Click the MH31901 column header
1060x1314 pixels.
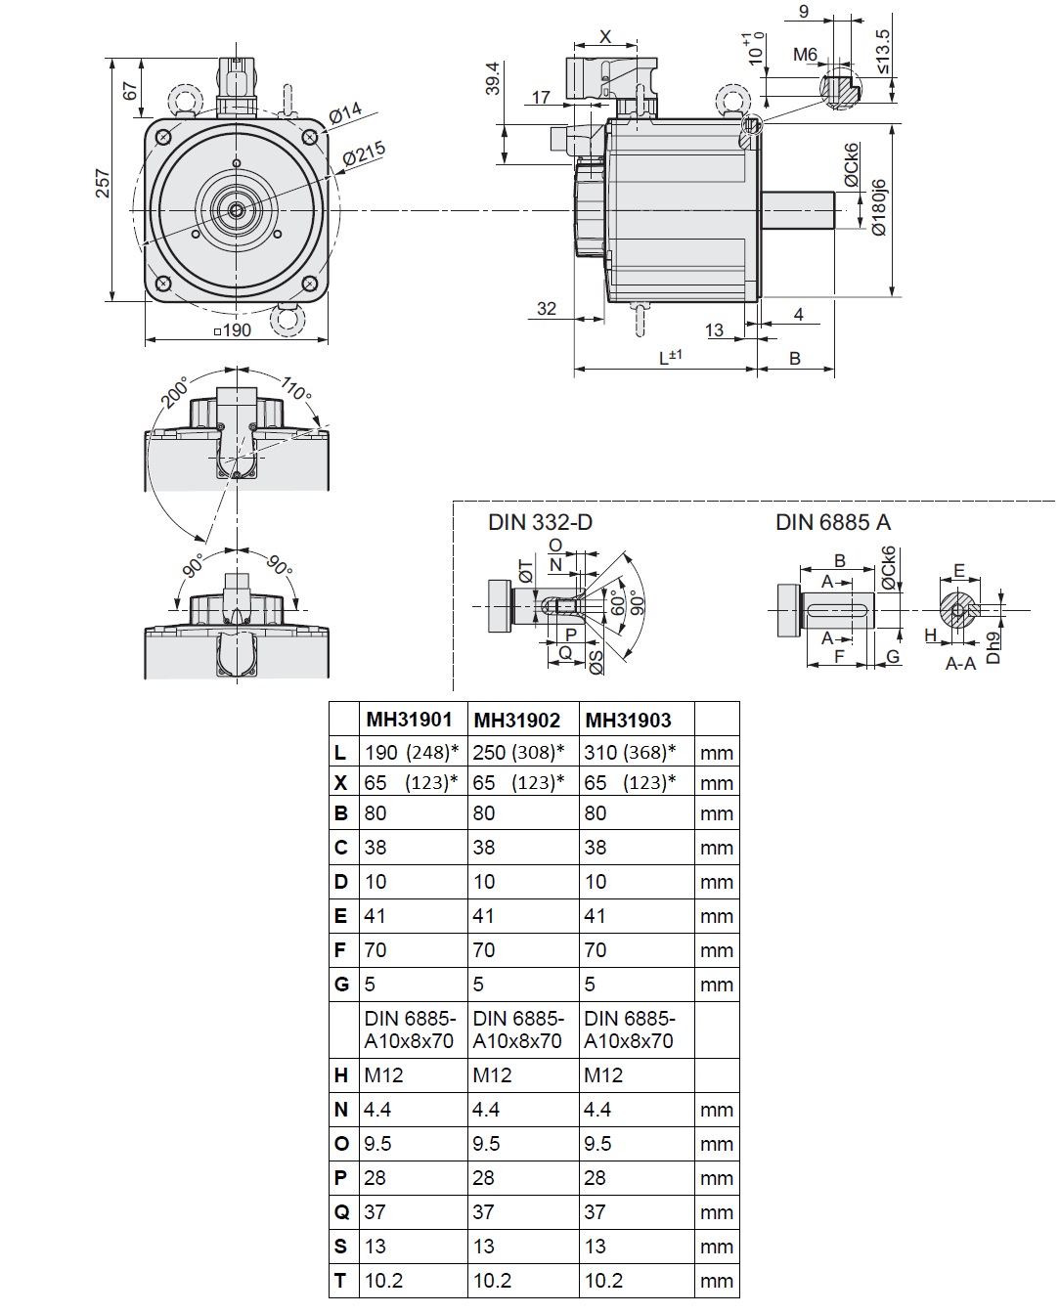pyautogui.click(x=409, y=720)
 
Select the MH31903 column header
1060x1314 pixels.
pyautogui.click(x=628, y=720)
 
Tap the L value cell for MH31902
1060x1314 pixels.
pyautogui.click(x=519, y=752)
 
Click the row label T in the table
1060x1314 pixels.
pyautogui.click(x=341, y=1280)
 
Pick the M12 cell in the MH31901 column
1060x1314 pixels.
pyautogui.click(x=383, y=1074)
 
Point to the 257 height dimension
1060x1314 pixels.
pyautogui.click(x=103, y=182)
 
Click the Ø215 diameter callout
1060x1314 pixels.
pyautogui.click(x=364, y=155)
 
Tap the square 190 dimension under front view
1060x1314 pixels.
pyautogui.click(x=234, y=330)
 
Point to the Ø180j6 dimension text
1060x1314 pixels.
pyautogui.click(x=878, y=206)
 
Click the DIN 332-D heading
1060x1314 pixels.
pyautogui.click(x=540, y=522)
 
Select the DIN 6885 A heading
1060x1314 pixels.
pyautogui.click(x=833, y=522)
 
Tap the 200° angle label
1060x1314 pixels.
pyautogui.click(x=176, y=392)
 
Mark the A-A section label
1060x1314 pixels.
pyautogui.click(x=960, y=664)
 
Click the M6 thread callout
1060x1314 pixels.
pyautogui.click(x=805, y=55)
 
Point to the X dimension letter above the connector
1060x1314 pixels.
pyautogui.click(x=604, y=37)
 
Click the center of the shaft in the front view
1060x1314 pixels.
pyautogui.click(x=236, y=208)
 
